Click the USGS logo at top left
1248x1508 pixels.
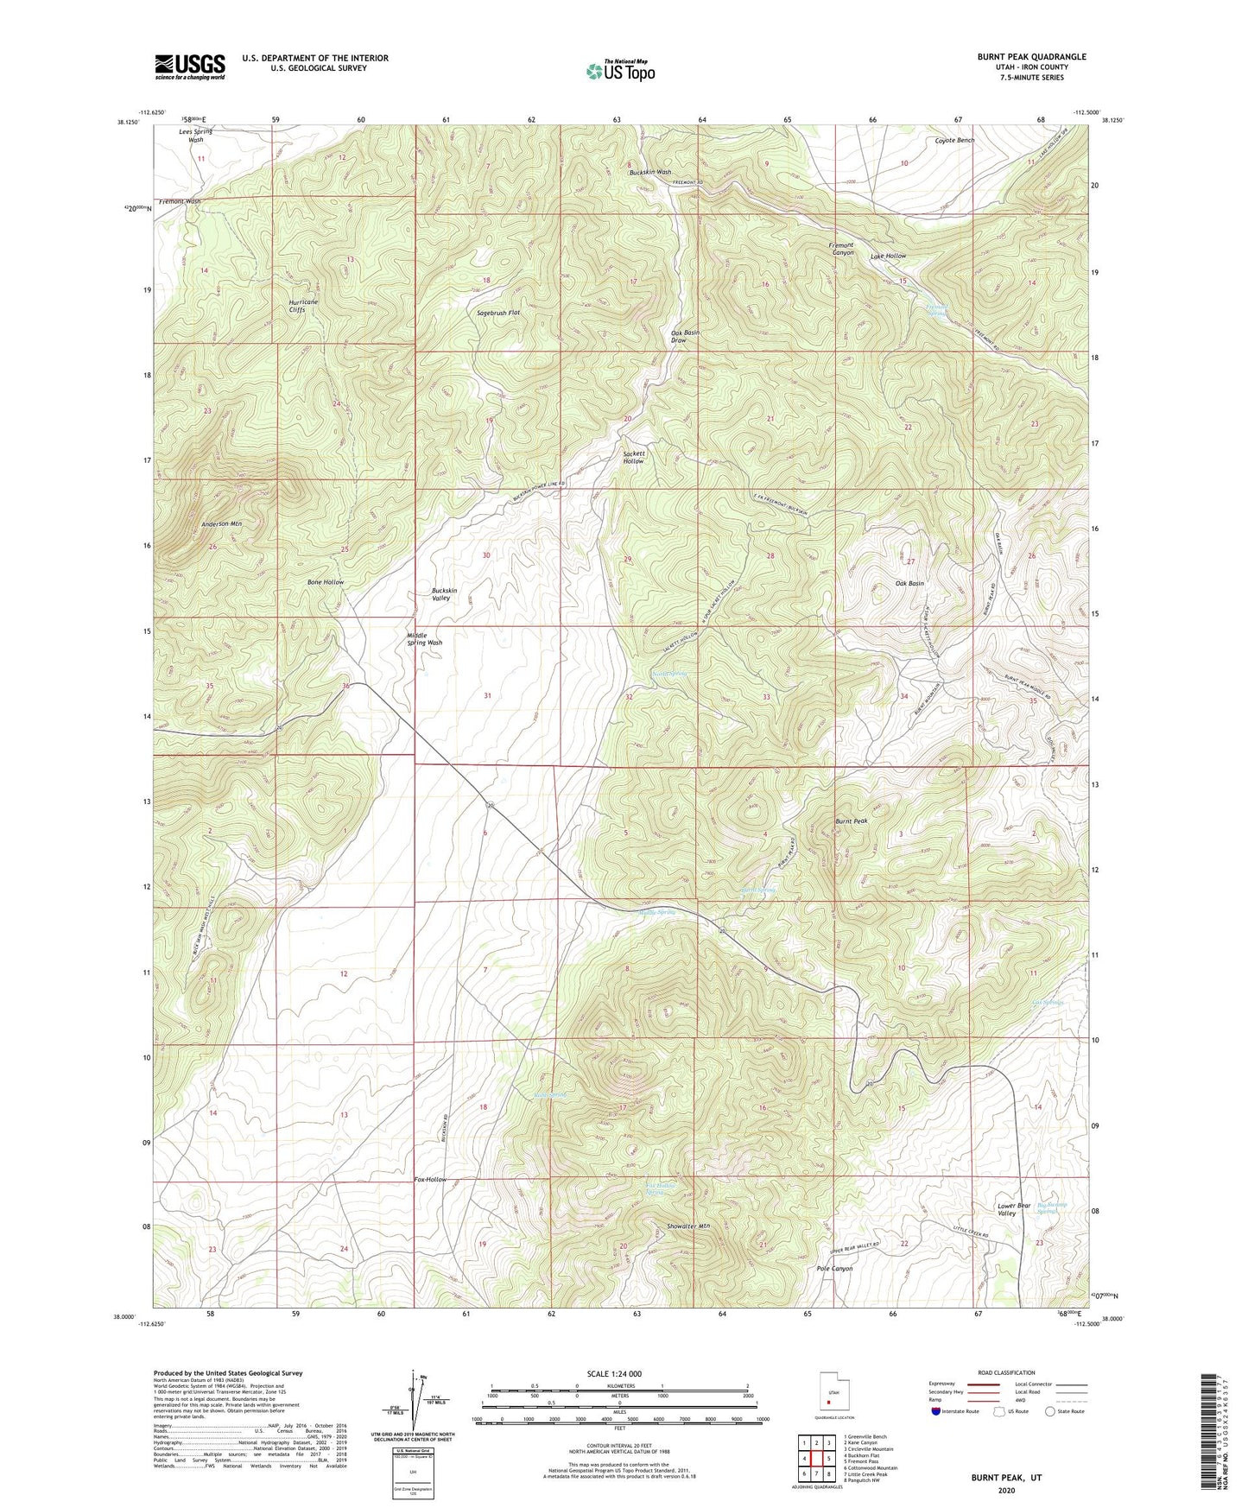tap(190, 67)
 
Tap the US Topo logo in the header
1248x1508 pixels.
tap(620, 71)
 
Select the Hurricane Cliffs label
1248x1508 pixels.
tap(303, 307)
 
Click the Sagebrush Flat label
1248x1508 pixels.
tap(499, 313)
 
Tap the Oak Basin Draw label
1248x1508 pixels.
tap(685, 337)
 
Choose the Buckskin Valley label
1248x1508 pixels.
tap(444, 594)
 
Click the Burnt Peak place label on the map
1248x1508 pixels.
tap(851, 821)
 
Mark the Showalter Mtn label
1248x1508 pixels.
tap(688, 1226)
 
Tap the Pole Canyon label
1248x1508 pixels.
tap(834, 1269)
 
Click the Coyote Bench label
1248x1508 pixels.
tap(954, 140)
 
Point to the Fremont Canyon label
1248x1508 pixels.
tap(837, 249)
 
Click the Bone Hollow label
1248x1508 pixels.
tap(326, 582)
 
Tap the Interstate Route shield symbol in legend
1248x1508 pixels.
tap(938, 1411)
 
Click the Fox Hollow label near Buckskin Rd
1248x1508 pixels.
tap(430, 1179)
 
